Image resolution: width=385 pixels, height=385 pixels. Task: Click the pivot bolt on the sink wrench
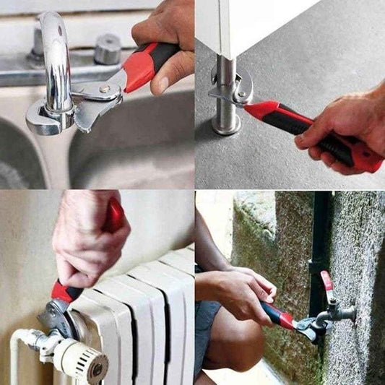pyautogui.click(x=105, y=89)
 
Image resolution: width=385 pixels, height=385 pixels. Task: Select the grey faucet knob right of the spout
pyautogui.click(x=108, y=49)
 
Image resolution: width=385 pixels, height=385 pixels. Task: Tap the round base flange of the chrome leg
pyautogui.click(x=226, y=126)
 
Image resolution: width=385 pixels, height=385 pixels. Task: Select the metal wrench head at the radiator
pyautogui.click(x=56, y=315)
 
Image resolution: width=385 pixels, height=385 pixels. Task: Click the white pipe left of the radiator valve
pyautogui.click(x=18, y=354)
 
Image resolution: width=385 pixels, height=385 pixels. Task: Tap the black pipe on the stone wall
pyautogui.click(x=319, y=238)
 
